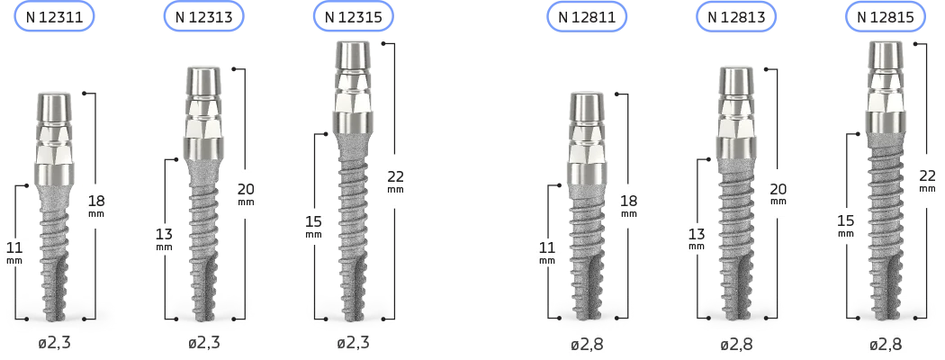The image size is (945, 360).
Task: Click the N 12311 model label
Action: pos(54,17)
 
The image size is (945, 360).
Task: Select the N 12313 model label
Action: pos(203,17)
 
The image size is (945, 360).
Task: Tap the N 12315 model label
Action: pos(353,17)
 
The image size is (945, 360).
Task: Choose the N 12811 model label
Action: pos(587,17)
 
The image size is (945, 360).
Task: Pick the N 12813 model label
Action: pos(736,17)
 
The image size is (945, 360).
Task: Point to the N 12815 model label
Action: pos(886,17)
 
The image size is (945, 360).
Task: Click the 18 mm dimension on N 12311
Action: pos(96,205)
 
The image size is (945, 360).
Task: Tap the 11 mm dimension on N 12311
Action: pos(13,252)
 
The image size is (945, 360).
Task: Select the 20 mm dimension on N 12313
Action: pos(246,193)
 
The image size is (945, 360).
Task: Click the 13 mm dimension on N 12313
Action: pos(164,238)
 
